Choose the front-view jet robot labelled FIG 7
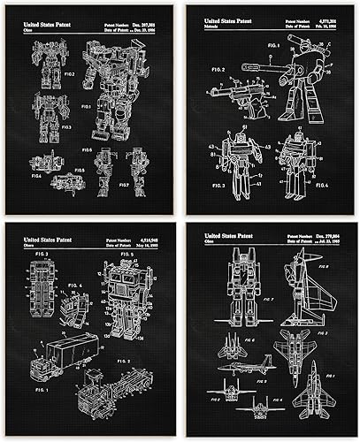(x=242, y=288)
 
